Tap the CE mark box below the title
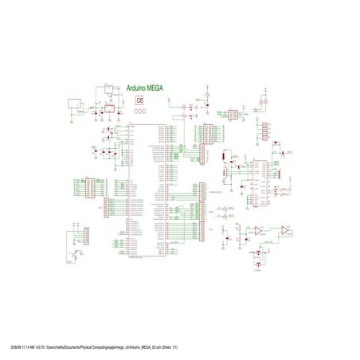point(140,101)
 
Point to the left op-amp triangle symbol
point(260,230)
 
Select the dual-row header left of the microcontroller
point(90,188)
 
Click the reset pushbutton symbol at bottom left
point(75,256)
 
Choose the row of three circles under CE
point(140,111)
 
